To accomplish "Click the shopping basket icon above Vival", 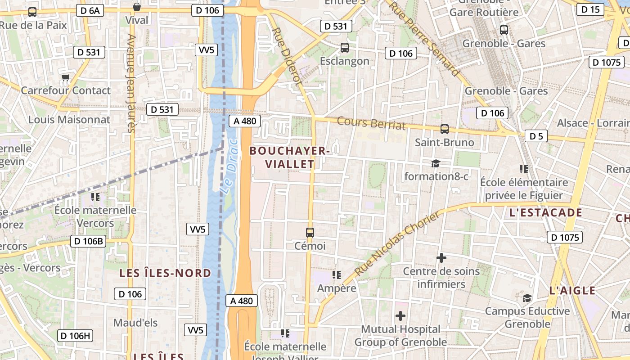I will coord(137,7).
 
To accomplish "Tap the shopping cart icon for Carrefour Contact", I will coord(66,78).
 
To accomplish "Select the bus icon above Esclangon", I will coord(345,47).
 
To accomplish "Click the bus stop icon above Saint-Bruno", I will coord(445,129).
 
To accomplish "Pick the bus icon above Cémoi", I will coord(310,233).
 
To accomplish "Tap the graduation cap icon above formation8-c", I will coord(436,163).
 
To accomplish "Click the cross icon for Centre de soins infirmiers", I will coord(441,258).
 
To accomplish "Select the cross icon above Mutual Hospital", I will coord(400,316).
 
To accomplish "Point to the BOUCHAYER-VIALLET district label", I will coord(290,157).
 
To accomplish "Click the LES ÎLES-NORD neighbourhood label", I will coord(165,273).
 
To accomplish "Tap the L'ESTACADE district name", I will coord(545,213).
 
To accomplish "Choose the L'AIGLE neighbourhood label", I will coord(572,291).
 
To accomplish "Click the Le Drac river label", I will coord(229,166).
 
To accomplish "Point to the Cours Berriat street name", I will coord(371,123).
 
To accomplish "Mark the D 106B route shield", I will coord(88,241).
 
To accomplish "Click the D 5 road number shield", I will coord(536,136).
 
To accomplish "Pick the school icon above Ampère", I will coord(337,274).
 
